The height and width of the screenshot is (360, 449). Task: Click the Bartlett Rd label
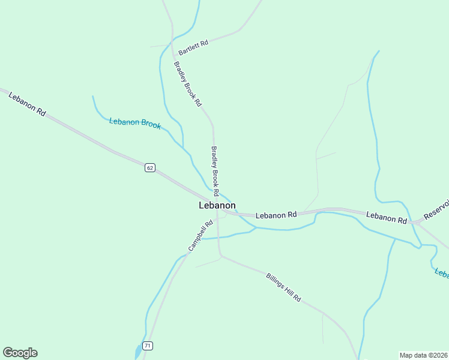193,47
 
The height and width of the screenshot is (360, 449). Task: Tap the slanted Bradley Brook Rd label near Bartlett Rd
187,84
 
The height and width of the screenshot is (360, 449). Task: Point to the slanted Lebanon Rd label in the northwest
28,103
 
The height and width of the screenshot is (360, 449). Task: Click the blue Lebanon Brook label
135,123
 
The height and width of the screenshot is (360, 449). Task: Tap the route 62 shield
150,168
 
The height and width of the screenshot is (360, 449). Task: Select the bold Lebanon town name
217,205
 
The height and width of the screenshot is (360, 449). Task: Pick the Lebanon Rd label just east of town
276,214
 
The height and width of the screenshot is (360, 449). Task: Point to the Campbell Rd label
200,236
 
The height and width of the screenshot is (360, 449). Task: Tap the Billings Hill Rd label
283,287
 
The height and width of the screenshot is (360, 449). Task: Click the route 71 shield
148,346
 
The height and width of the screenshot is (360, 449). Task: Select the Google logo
20,353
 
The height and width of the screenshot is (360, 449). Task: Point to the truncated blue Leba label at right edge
442,273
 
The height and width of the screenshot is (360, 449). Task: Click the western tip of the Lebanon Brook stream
92,96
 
